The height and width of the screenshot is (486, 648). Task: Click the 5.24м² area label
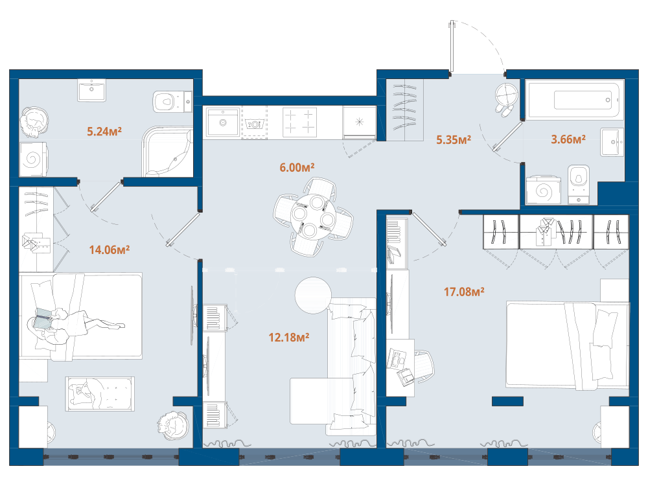[104, 132]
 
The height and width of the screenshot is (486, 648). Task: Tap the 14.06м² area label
[110, 249]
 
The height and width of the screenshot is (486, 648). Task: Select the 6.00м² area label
[297, 167]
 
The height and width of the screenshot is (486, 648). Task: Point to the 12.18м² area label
[289, 338]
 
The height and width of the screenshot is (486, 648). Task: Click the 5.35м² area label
[454, 140]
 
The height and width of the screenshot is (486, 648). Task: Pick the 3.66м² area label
[568, 139]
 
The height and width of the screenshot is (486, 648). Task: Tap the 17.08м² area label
[464, 292]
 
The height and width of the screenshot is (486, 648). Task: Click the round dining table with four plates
[313, 216]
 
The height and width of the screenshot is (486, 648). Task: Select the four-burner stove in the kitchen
[299, 122]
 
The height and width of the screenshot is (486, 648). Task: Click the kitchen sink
[223, 122]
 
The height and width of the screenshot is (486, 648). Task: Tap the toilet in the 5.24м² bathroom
[172, 101]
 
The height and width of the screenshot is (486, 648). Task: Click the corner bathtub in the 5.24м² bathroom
[168, 152]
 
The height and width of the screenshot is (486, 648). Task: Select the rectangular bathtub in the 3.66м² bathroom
[575, 100]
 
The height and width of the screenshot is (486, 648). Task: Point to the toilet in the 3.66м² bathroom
[579, 185]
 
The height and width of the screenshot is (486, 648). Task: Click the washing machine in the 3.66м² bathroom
[544, 191]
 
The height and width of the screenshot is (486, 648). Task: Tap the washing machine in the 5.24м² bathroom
[33, 159]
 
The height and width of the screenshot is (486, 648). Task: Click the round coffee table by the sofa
[313, 295]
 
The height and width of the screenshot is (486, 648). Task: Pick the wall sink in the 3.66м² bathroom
[612, 143]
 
